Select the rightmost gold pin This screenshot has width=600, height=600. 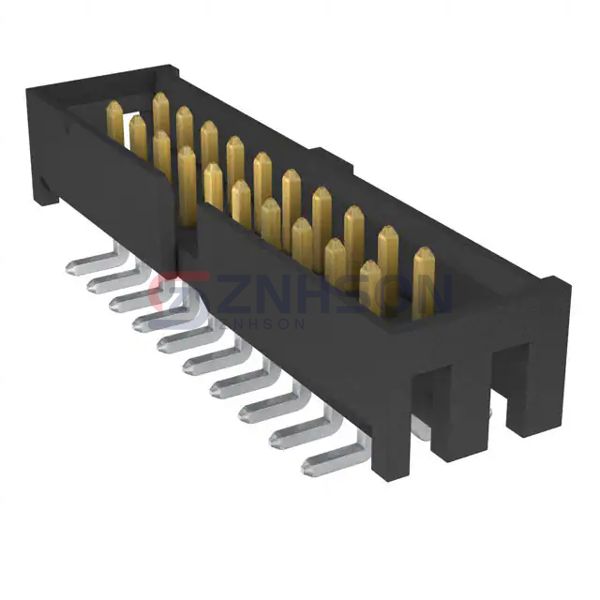(x=424, y=281)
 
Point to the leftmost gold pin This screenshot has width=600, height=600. (x=114, y=121)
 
